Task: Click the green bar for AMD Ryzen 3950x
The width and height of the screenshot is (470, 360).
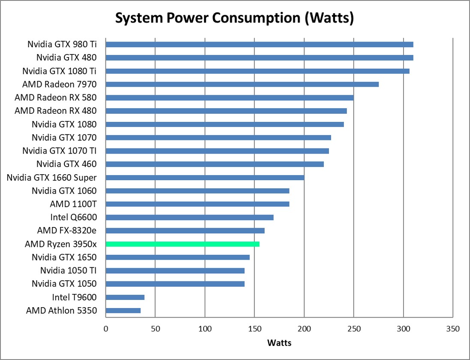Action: (x=182, y=244)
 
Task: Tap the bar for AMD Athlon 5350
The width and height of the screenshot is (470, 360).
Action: (x=123, y=310)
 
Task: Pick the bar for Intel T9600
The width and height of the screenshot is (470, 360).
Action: (x=125, y=297)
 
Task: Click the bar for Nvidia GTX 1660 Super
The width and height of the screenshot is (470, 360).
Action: (x=205, y=177)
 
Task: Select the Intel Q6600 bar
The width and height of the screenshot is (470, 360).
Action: (x=189, y=217)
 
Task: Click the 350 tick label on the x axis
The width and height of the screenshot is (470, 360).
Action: (x=453, y=329)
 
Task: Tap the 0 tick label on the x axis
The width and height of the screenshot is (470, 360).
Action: (x=105, y=329)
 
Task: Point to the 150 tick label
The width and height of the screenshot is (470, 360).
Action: (x=254, y=329)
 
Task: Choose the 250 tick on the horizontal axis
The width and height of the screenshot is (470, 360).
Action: (x=354, y=329)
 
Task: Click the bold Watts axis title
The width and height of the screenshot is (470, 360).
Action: (x=279, y=343)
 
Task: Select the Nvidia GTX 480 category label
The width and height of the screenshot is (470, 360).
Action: (x=66, y=57)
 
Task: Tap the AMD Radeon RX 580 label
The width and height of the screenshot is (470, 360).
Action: (x=55, y=97)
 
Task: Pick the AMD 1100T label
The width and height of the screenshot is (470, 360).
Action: (x=73, y=204)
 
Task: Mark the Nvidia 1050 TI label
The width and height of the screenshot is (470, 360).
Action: (x=68, y=270)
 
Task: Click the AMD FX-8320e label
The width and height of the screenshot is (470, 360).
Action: (x=66, y=230)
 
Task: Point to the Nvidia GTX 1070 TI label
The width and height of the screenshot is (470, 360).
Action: (x=59, y=151)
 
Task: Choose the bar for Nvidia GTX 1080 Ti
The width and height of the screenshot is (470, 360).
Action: (x=257, y=71)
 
